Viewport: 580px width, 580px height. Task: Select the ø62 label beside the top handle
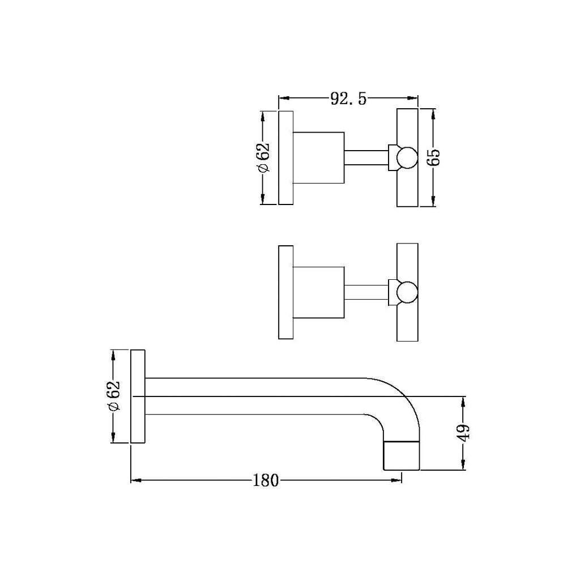click(x=263, y=158)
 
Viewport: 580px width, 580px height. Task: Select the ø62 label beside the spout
click(x=114, y=396)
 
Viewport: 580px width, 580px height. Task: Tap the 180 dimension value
click(x=265, y=481)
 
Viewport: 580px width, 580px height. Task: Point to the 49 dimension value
click(x=464, y=433)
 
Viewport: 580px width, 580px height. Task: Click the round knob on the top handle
click(x=407, y=158)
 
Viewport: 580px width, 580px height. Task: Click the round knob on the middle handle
click(x=407, y=292)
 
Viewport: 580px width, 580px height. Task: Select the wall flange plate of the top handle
click(x=286, y=158)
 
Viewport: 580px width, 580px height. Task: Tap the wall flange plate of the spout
click(x=139, y=396)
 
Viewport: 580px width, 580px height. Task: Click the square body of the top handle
click(x=319, y=158)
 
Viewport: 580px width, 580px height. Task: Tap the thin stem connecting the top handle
click(x=366, y=158)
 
